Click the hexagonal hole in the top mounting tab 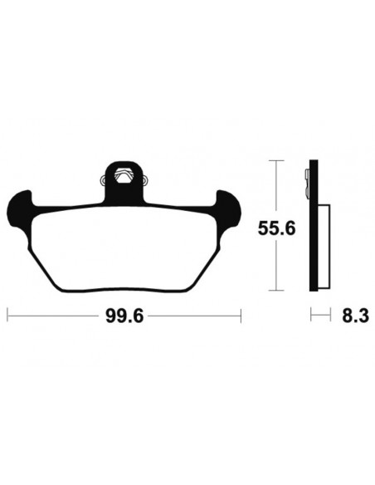(124, 174)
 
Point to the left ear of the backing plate (20, 203)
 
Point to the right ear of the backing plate (227, 203)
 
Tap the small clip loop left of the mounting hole (102, 177)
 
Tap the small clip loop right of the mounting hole (145, 177)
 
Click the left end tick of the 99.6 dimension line (7, 316)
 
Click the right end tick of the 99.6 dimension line (241, 316)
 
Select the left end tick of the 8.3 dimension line (311, 316)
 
